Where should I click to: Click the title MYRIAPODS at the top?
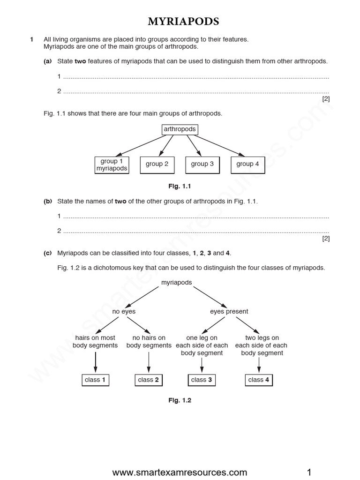[x=180, y=22]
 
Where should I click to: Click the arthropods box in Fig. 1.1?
[x=180, y=129]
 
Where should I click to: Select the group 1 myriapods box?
[x=112, y=165]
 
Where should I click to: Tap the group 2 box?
[x=157, y=164]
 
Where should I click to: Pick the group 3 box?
[x=202, y=164]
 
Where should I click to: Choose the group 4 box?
[x=247, y=164]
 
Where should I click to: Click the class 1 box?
[x=95, y=380]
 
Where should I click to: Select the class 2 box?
[x=149, y=380]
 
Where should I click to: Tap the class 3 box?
[x=202, y=380]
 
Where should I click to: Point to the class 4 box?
[x=259, y=380]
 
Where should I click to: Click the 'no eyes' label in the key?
[x=124, y=311]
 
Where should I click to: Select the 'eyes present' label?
[x=229, y=311]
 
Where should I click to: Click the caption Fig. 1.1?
[x=180, y=187]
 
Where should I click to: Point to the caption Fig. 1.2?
[x=180, y=400]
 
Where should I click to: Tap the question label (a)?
[x=47, y=61]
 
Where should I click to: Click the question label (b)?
[x=47, y=201]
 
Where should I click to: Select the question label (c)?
[x=47, y=253]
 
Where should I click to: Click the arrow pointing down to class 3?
[x=202, y=364]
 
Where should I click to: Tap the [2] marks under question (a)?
[x=326, y=98]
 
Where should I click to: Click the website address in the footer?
[x=180, y=472]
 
